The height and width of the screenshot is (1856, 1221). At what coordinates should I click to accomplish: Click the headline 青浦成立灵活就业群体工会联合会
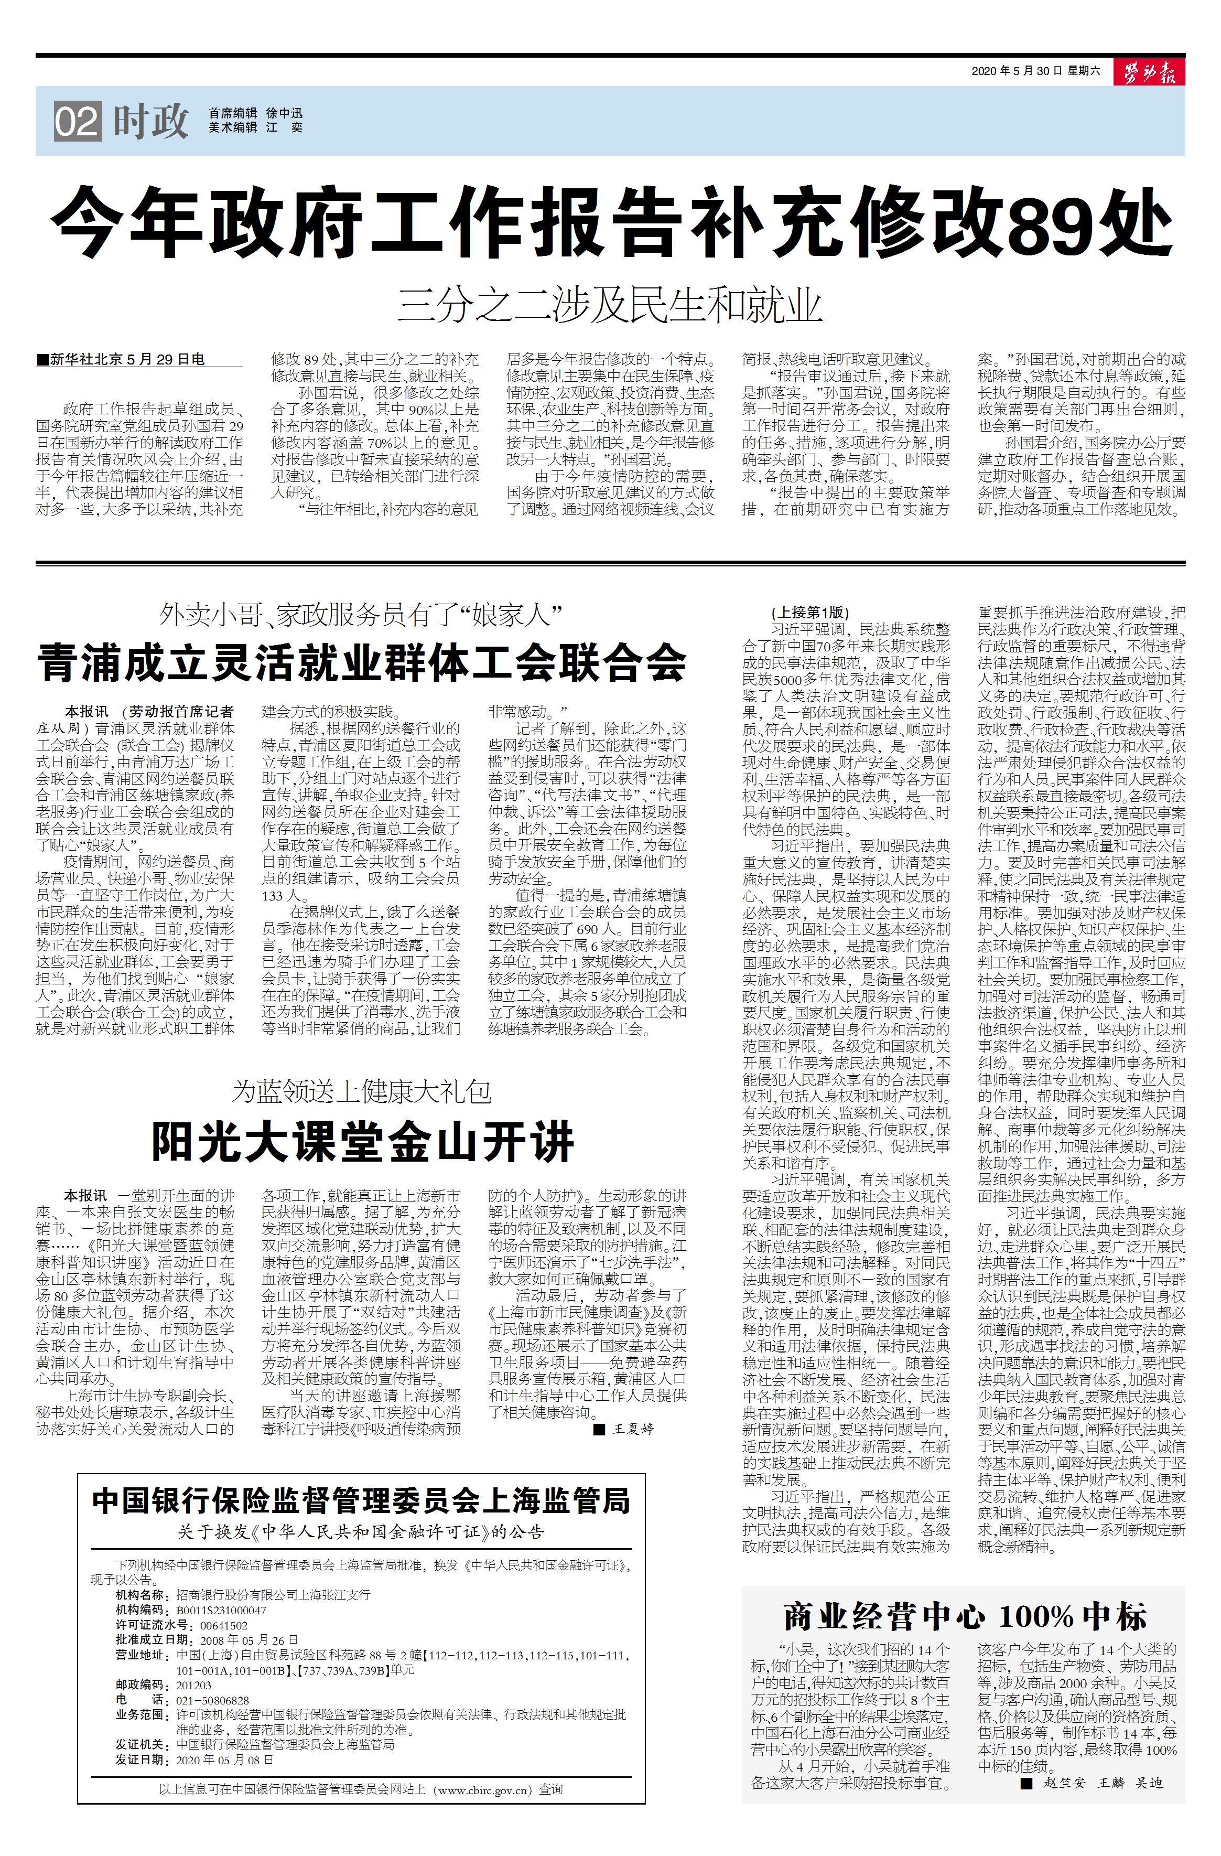pos(362,663)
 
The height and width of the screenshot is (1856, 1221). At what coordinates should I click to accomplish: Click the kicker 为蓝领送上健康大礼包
pos(362,1091)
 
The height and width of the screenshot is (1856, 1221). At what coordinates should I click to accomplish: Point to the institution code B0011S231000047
pos(221,1610)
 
